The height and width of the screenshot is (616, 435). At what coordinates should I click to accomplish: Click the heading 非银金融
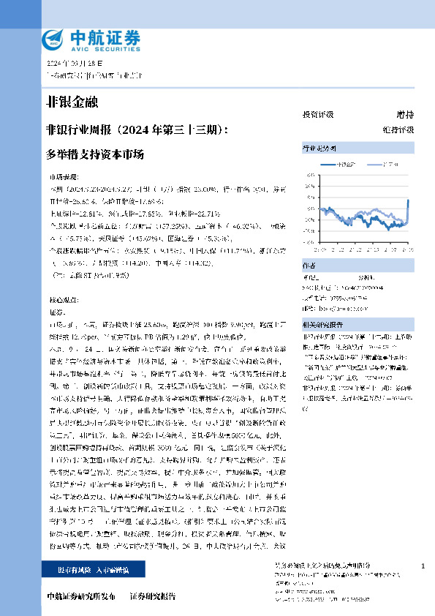(72, 100)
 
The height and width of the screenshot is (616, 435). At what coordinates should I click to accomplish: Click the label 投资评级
(317, 115)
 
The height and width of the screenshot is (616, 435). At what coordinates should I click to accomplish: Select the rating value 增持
(405, 115)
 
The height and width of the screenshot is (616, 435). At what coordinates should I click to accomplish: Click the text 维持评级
(398, 129)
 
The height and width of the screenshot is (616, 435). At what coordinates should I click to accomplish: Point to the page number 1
(423, 567)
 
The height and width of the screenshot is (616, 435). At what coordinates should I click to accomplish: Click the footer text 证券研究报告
(153, 596)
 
